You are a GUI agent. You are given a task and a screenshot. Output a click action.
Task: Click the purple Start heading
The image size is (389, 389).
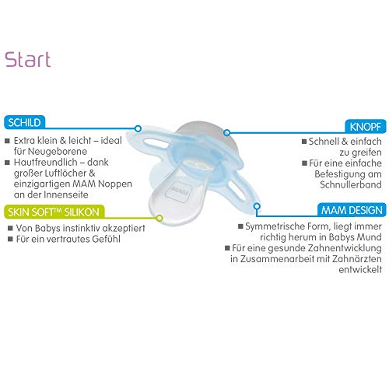coord(28,60)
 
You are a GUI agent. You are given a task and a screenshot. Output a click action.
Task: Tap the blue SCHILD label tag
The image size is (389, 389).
coord(24,122)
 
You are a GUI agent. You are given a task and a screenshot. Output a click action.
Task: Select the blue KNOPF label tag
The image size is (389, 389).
coord(365,127)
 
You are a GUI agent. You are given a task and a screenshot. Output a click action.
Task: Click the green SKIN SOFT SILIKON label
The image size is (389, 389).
coord(54,212)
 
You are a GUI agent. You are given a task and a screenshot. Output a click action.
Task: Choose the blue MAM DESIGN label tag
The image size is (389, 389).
coord(352,210)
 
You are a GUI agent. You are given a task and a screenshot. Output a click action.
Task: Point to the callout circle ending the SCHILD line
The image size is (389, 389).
coord(138,128)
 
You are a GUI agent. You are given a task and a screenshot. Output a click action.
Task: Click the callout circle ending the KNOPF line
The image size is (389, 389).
coord(226,132)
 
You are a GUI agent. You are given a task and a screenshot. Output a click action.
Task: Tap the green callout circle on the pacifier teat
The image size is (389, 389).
coord(159,218)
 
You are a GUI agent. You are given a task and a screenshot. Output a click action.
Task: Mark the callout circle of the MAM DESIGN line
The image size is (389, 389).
coord(257,206)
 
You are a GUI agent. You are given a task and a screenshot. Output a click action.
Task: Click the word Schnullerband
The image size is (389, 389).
coord(351,184)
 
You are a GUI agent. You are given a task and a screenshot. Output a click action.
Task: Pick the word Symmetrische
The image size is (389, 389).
coord(274,226)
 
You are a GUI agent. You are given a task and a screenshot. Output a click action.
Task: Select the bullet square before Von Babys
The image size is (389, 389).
coord(10,228)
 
